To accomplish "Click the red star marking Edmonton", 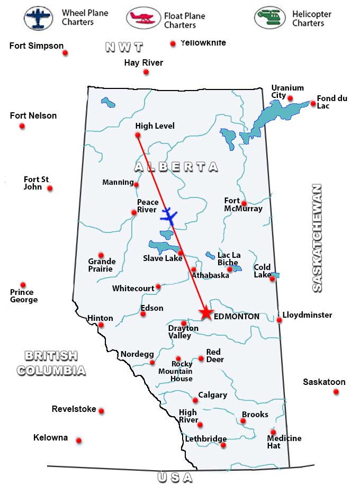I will (x=206, y=313).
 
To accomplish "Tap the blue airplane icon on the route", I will (x=169, y=216).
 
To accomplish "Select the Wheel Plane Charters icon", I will (x=39, y=18).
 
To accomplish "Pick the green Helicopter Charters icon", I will (x=269, y=18).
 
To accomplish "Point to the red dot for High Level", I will (x=138, y=136).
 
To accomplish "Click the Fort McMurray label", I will (x=243, y=205).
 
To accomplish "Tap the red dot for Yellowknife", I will (x=173, y=44).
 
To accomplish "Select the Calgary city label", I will (x=212, y=395).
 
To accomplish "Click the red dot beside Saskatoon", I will (x=336, y=392).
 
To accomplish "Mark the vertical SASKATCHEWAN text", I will (x=317, y=238).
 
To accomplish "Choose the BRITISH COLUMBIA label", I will (x=51, y=363).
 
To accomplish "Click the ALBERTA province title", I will (x=176, y=167).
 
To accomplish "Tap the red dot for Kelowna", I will (x=79, y=441).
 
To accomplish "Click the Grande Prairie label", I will (x=102, y=265).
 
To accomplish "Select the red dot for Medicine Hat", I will (x=273, y=432).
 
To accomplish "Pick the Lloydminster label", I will (x=307, y=315).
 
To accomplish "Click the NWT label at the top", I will (x=124, y=47).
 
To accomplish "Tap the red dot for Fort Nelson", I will (x=22, y=126).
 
